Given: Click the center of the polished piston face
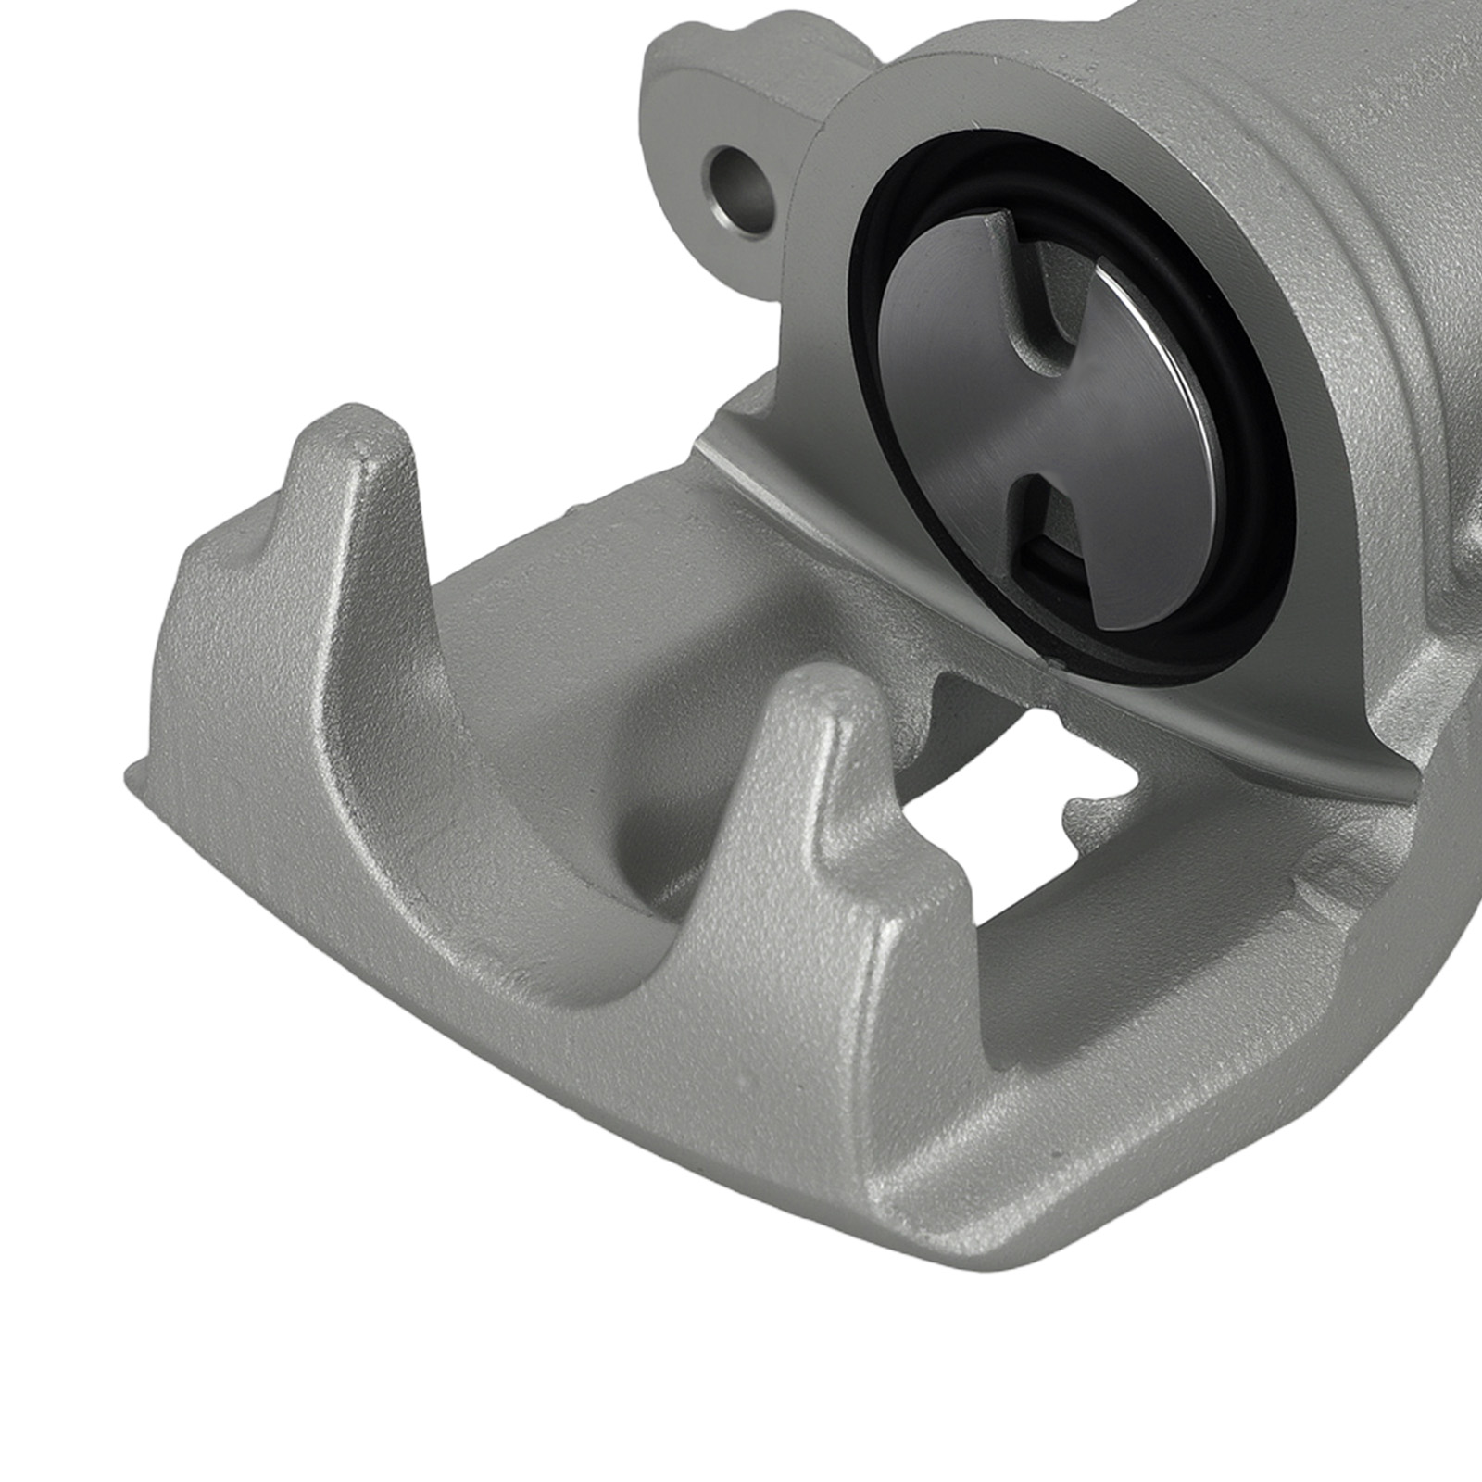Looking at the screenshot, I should (x=1065, y=417).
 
